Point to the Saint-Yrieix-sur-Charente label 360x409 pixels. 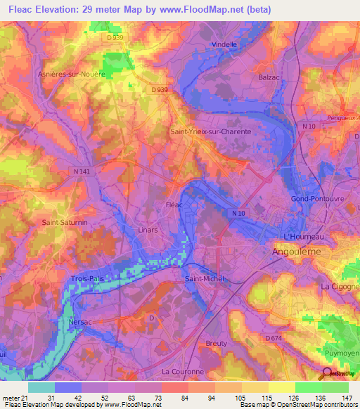(x=210, y=131)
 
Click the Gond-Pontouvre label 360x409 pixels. (x=316, y=199)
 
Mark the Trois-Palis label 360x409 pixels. (x=87, y=279)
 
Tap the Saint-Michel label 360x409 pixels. (x=204, y=279)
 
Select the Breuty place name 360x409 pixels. (x=217, y=343)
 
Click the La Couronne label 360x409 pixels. (x=182, y=371)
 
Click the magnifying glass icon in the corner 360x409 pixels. (x=326, y=375)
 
